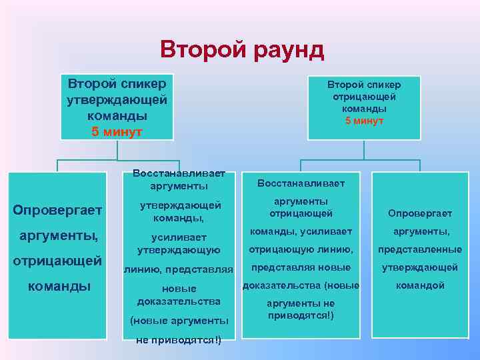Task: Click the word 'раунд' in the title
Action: (x=281, y=50)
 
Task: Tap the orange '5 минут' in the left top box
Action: (x=117, y=131)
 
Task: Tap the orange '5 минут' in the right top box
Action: (x=363, y=121)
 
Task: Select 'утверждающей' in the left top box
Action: (x=117, y=99)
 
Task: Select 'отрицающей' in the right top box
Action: (x=363, y=97)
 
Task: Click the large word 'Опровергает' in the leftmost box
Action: (x=57, y=210)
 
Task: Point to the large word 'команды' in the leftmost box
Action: (x=57, y=286)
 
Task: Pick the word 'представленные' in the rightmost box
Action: (x=419, y=249)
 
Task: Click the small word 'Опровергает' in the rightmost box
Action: (x=419, y=213)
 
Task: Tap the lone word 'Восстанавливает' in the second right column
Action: (x=301, y=182)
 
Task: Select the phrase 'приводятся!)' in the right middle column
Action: (x=301, y=315)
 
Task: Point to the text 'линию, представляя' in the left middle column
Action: (x=178, y=269)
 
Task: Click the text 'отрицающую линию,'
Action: (x=301, y=249)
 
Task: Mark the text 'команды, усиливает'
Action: (x=301, y=231)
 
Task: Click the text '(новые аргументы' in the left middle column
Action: (x=179, y=321)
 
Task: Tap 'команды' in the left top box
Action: (x=117, y=115)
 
